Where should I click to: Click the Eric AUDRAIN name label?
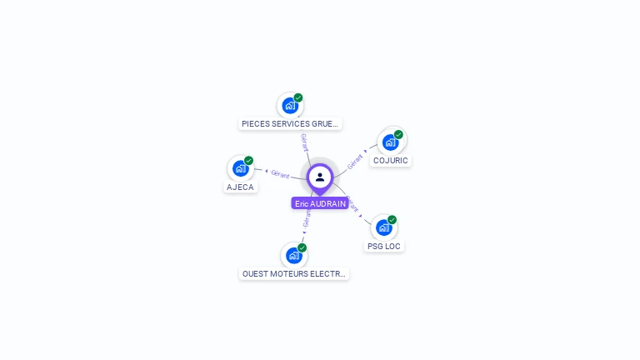[320, 203]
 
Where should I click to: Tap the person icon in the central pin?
[320, 177]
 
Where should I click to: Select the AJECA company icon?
[240, 168]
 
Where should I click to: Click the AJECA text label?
[240, 187]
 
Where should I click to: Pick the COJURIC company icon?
[391, 142]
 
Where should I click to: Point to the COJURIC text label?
[391, 160]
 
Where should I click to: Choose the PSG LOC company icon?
[384, 227]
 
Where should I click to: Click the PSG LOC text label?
[384, 246]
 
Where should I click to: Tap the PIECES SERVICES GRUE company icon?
[290, 106]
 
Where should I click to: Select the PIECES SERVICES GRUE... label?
[290, 123]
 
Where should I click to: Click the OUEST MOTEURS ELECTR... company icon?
[294, 256]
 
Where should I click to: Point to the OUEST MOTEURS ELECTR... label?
[294, 274]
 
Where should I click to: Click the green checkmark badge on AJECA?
[248, 160]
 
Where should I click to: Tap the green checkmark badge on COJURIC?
[398, 134]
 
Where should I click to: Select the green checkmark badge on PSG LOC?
[392, 220]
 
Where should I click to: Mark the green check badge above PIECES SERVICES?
[298, 97]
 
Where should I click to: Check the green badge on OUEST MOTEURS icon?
[302, 247]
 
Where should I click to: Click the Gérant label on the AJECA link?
[280, 174]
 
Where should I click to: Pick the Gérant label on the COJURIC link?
[355, 162]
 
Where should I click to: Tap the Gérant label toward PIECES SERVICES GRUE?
[304, 142]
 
